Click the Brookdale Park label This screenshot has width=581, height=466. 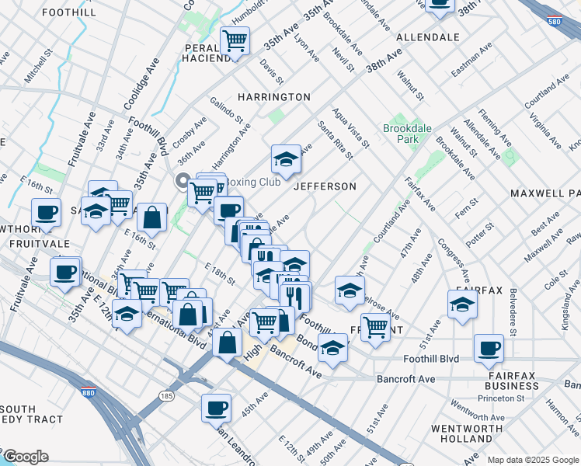[x=400, y=134]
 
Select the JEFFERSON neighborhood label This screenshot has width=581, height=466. [x=325, y=186]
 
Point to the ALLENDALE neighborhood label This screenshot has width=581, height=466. [x=427, y=37]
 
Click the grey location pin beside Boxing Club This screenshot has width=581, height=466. [x=183, y=184]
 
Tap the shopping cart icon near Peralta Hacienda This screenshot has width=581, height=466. [x=235, y=40]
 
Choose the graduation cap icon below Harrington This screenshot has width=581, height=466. [x=286, y=159]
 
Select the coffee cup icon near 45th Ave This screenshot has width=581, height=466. [x=216, y=407]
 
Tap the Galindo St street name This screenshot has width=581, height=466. [x=227, y=113]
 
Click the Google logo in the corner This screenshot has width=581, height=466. [x=25, y=457]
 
